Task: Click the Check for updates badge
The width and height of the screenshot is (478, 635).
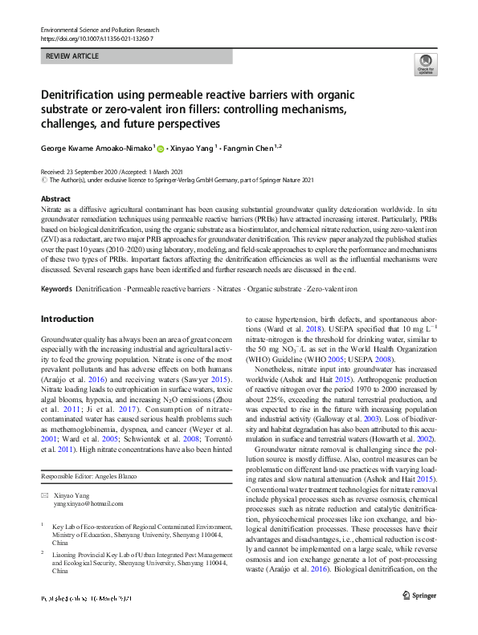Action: (x=424, y=64)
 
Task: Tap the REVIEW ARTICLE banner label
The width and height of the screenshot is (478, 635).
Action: (x=73, y=56)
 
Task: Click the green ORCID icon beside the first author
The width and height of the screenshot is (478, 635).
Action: (x=161, y=149)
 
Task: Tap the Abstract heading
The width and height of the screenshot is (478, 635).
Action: (x=55, y=198)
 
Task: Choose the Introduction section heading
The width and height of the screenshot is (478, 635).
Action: (x=67, y=319)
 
